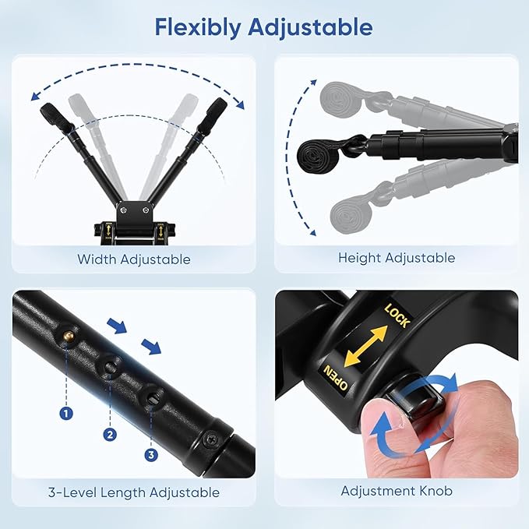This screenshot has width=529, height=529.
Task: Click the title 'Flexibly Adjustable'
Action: pos(263,27)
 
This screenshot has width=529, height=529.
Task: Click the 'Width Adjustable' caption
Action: pos(133,259)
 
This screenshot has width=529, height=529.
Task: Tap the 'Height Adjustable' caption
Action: pos(396,257)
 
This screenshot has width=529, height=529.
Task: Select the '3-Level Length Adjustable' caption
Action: pos(133,492)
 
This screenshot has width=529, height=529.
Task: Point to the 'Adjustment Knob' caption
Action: pos(396,491)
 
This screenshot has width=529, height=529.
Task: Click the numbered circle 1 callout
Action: pos(66,414)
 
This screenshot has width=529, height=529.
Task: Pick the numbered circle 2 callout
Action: pos(110,434)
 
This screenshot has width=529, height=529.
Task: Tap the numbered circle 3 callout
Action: pos(150,454)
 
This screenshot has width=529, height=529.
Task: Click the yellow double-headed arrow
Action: pos(367,345)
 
